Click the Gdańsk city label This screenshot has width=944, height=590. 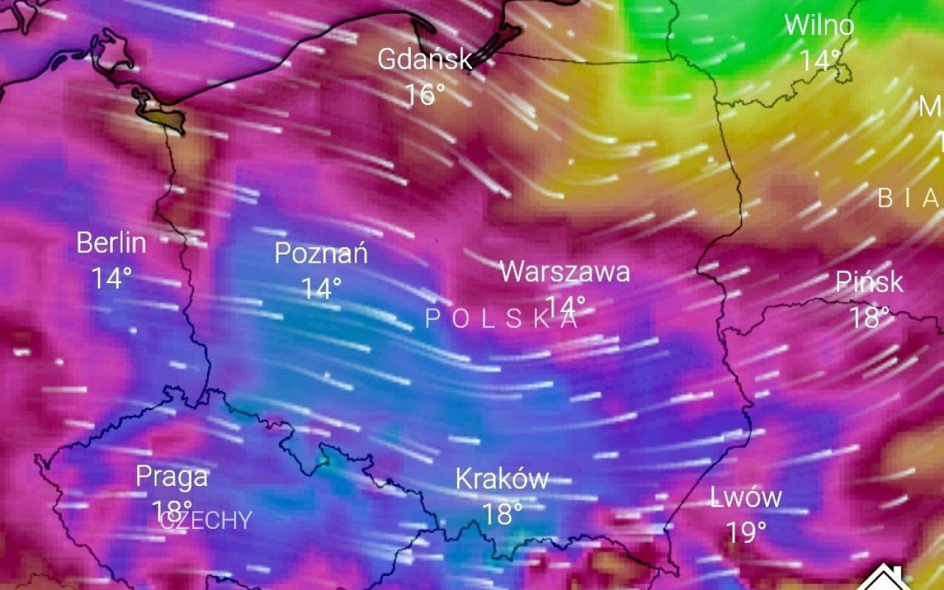click(425, 59)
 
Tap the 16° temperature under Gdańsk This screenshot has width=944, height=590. click(425, 94)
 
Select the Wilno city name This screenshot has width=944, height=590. click(819, 26)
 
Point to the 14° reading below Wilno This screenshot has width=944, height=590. click(820, 60)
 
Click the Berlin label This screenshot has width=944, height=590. click(111, 243)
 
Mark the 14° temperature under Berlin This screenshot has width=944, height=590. click(111, 278)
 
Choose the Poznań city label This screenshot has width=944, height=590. click(321, 254)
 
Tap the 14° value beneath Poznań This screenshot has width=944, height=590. click(321, 288)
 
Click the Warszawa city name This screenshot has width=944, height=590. click(565, 271)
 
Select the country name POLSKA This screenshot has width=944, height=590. click(502, 319)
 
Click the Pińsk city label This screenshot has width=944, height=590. click(870, 282)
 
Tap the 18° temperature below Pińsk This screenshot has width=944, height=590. click(870, 318)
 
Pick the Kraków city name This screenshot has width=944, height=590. click(502, 479)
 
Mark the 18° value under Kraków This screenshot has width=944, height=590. click(502, 514)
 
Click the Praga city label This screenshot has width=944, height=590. click(172, 477)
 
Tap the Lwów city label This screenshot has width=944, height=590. click(746, 497)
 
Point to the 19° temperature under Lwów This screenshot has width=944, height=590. click(746, 532)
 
